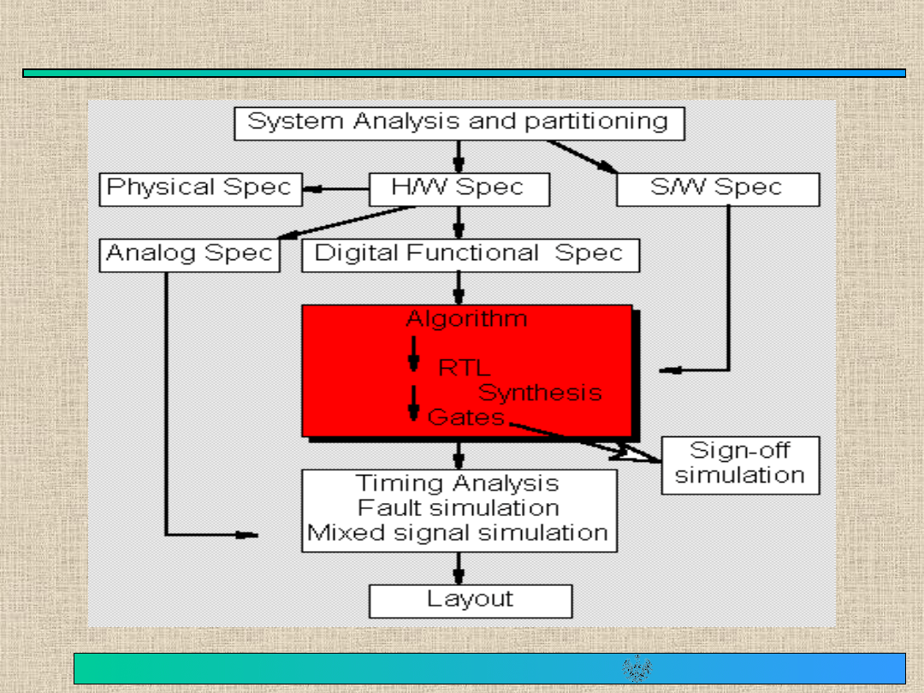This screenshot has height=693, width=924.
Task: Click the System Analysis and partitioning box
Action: pos(459,123)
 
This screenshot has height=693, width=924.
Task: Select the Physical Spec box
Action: pos(200,189)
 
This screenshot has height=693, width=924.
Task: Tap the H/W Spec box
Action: pos(459,189)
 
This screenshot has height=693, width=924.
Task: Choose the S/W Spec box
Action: pos(717,189)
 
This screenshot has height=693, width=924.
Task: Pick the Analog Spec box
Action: pos(189,254)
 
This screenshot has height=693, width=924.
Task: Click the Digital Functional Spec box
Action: pos(470,254)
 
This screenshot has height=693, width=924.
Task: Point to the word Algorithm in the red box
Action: pos(466,320)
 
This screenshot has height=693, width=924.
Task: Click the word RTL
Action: pos(465,368)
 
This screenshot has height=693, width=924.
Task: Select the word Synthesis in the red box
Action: pos(540,393)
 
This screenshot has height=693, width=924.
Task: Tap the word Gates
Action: pos(466,418)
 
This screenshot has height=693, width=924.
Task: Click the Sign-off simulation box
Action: pos(740,465)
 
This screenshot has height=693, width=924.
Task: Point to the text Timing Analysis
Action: pos(458,483)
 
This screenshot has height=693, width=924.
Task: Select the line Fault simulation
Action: pos(458,507)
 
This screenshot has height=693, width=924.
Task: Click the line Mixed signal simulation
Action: pos(458,533)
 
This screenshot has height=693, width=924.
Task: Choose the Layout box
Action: pos(470,600)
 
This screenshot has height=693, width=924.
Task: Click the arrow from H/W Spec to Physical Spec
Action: pos(335,189)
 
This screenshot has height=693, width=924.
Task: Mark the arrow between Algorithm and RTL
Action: pos(413,352)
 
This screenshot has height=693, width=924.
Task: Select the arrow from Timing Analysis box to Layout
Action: pos(459,567)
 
